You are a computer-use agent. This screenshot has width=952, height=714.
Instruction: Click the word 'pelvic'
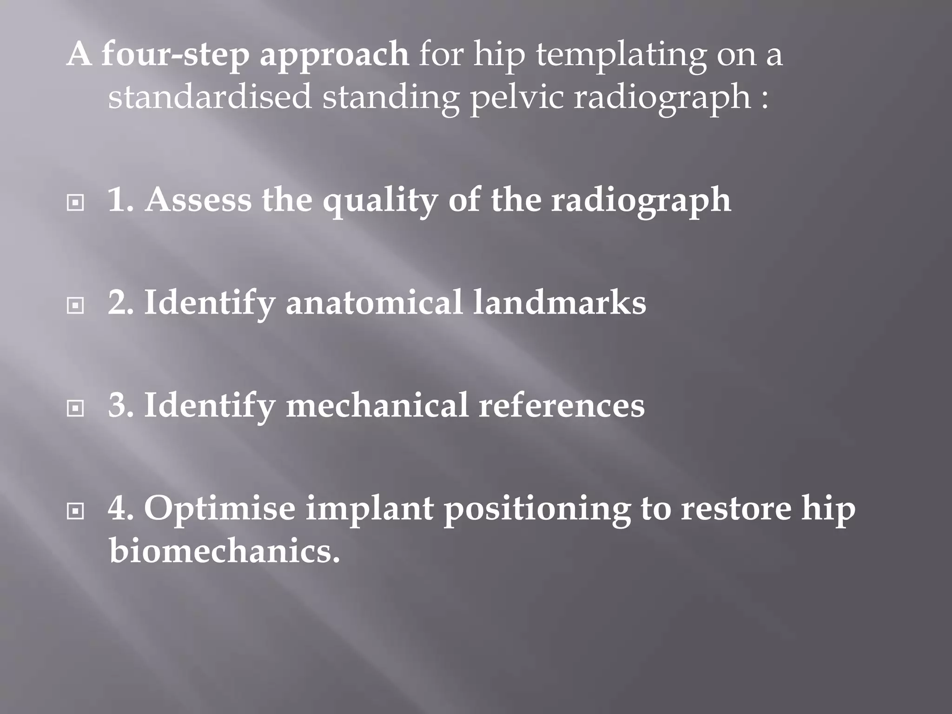(516, 99)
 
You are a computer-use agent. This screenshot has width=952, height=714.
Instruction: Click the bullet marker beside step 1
(75, 203)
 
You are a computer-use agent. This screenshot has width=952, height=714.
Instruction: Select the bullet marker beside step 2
(75, 305)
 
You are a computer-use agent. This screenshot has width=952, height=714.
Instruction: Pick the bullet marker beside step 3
(75, 409)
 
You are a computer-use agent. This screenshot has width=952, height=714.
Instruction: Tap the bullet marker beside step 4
(75, 512)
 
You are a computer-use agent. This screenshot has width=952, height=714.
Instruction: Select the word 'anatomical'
(374, 303)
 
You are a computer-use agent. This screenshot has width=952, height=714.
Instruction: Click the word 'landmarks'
(559, 303)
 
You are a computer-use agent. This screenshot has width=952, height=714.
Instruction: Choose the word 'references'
(562, 405)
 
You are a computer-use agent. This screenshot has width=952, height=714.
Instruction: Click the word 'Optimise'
(219, 509)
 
